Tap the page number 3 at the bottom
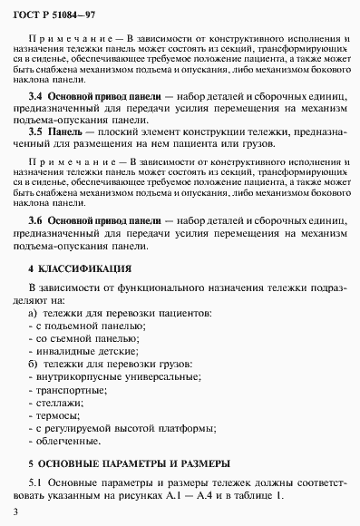pyautogui.click(x=17, y=512)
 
